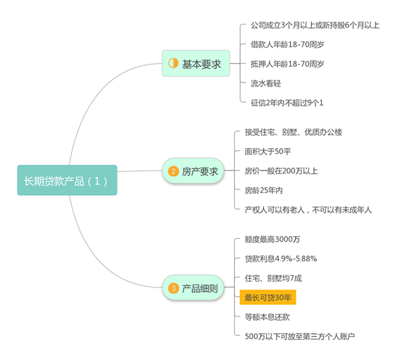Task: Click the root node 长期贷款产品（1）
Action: [67, 180]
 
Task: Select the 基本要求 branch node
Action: [196, 63]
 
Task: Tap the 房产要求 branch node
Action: [193, 171]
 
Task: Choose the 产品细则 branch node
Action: [193, 288]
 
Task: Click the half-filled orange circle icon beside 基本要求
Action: [173, 63]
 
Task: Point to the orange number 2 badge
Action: [173, 171]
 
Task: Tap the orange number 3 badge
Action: [173, 288]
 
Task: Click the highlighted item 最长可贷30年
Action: [268, 298]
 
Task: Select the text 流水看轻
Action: [265, 83]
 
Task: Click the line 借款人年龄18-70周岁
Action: [287, 44]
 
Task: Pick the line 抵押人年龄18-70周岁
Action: [287, 64]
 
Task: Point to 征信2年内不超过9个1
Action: [287, 103]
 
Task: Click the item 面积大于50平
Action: [268, 152]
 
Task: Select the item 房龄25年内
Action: [264, 190]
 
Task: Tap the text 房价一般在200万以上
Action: [281, 171]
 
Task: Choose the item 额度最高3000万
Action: [273, 240]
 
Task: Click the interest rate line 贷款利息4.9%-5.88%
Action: [281, 259]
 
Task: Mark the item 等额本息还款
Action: [268, 317]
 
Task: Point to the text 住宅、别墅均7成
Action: [273, 278]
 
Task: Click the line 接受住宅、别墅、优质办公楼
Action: [294, 132]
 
